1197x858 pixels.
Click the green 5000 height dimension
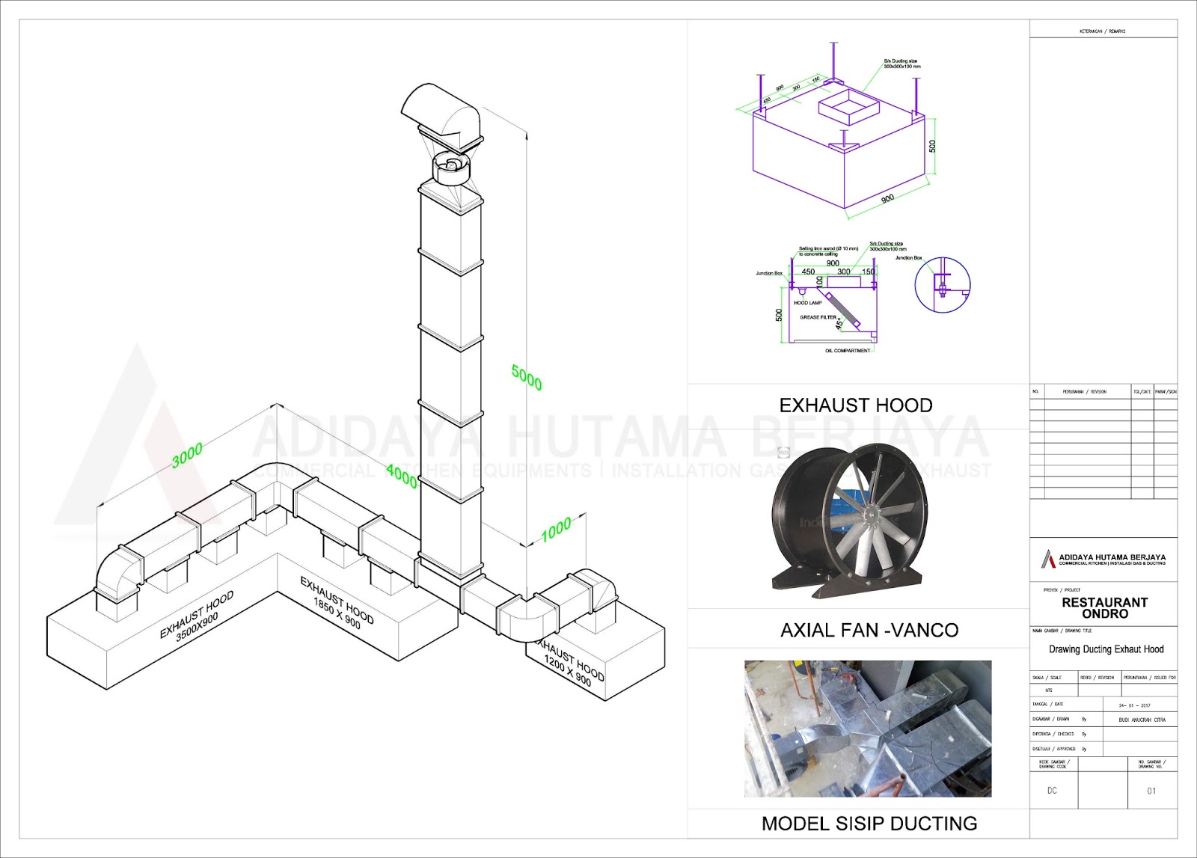527,376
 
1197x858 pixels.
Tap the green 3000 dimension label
187,455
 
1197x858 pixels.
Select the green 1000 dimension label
556,530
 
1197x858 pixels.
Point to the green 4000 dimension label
402,476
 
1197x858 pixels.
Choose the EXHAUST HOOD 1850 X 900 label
336,602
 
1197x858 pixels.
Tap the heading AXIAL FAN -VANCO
869,631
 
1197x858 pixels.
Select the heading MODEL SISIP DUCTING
869,824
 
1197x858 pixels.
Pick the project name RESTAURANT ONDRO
1104,607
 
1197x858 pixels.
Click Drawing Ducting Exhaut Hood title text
1106,649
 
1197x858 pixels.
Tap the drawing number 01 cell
1151,791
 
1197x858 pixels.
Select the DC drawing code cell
1052,791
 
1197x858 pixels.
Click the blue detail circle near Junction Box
943,285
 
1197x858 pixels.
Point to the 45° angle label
839,324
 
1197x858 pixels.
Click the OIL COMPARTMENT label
848,351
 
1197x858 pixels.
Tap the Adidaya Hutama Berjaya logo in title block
1049,559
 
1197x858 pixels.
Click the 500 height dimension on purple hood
932,146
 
